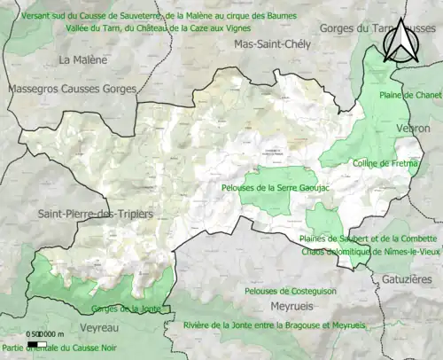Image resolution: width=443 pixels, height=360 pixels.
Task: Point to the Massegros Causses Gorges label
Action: (x=72, y=90)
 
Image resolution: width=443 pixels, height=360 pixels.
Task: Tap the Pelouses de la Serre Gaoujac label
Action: (x=268, y=188)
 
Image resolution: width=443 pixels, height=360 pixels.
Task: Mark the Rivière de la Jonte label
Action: (x=275, y=325)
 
